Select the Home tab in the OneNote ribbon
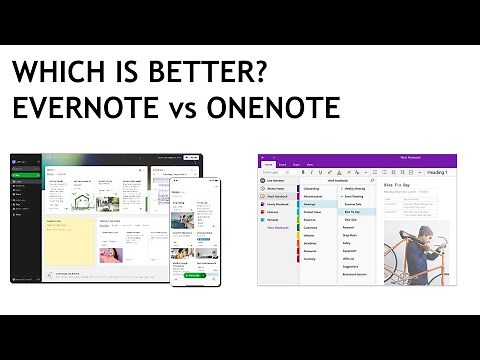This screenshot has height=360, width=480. pyautogui.click(x=269, y=163)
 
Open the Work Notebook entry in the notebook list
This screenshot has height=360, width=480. pyautogui.click(x=278, y=196)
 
